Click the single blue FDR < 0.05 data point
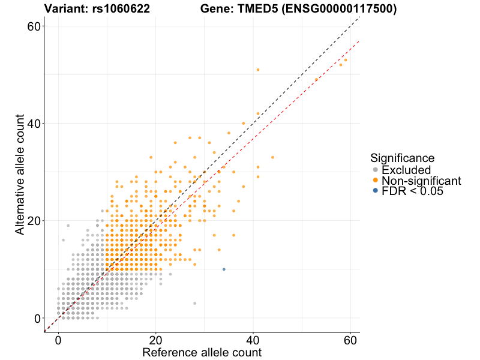(224, 269)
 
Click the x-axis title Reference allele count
(202, 352)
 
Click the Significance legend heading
(402, 158)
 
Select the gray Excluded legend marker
(375, 170)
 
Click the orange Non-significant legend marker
(375, 180)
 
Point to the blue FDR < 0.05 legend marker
(375, 190)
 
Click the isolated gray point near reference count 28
(194, 304)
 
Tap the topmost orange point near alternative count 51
(258, 70)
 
